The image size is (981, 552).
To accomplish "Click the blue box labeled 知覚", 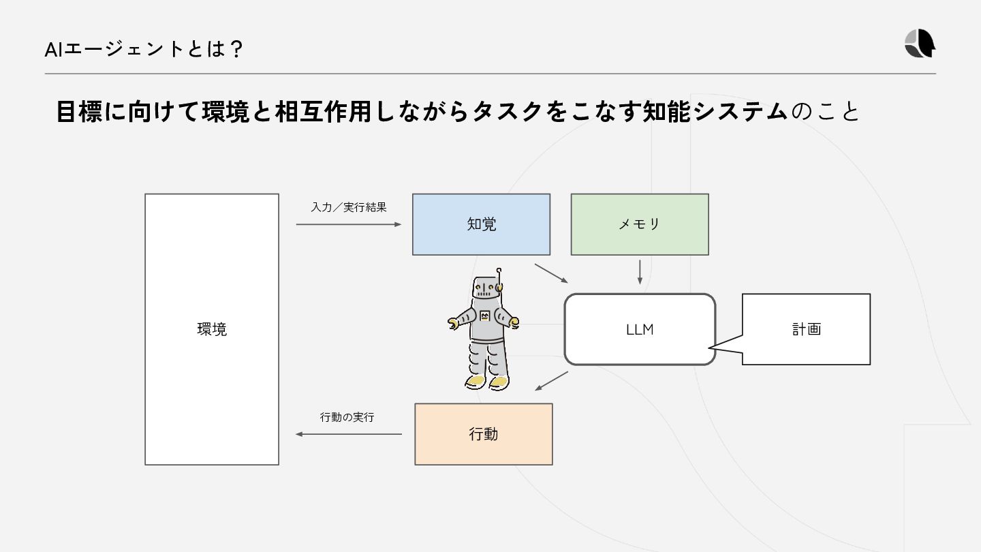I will (481, 224).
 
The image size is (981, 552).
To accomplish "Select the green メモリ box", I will (639, 224).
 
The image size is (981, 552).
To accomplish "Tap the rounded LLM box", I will (640, 329).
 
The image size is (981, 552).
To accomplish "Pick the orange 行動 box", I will (484, 434).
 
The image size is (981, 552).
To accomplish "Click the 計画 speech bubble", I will (806, 329).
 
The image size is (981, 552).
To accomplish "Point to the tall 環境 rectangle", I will (212, 329).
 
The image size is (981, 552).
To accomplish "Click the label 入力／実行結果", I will (349, 207).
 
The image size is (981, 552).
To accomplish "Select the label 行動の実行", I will (347, 417).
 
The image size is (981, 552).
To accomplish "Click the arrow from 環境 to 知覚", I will (349, 224).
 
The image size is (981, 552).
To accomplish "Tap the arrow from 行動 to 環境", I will (348, 434).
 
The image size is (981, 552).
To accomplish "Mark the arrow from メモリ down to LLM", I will (640, 271).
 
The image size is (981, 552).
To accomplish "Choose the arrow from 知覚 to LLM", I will (551, 273).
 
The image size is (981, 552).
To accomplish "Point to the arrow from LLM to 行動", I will (552, 381).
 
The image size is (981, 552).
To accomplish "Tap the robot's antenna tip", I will (499, 271).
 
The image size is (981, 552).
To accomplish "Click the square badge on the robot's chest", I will (485, 316).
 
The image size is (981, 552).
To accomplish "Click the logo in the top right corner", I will (920, 44).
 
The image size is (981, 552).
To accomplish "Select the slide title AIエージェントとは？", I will (143, 50).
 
